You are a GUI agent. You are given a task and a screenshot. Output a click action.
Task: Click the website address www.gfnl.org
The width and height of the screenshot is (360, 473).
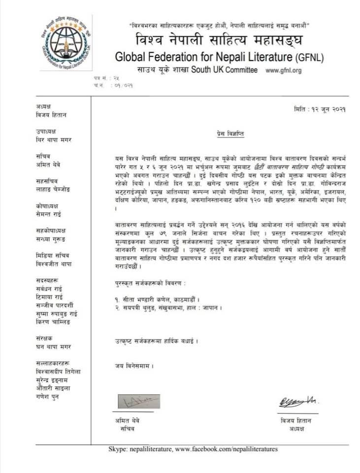coord(283,70)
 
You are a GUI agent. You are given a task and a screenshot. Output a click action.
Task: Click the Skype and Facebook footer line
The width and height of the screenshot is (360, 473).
coord(193,449)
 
